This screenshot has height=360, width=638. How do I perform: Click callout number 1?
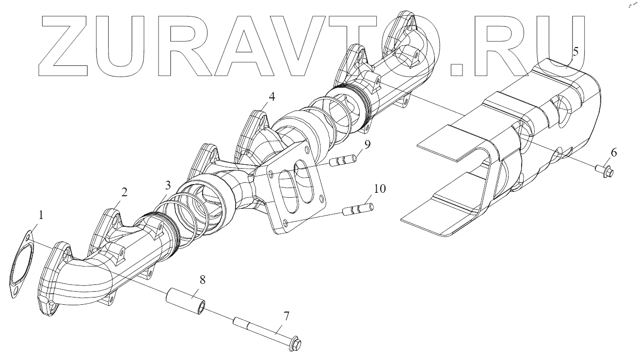41,215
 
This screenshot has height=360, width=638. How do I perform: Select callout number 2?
124,192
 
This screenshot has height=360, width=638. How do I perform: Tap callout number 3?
167,185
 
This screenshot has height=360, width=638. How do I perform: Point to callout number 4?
271,96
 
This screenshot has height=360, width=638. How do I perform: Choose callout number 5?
575,51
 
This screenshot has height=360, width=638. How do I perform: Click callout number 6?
613,153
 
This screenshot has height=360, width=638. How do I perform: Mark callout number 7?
286,316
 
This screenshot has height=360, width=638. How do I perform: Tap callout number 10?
380,188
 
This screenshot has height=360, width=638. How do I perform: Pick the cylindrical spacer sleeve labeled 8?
187,301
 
